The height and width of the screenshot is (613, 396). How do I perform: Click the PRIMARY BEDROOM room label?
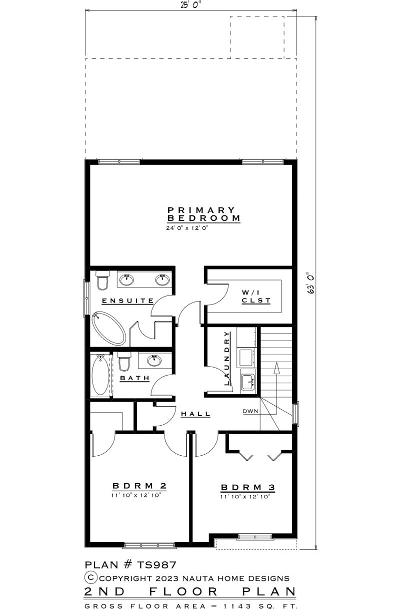point(203,214)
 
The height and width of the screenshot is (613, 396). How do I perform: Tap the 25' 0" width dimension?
point(191,6)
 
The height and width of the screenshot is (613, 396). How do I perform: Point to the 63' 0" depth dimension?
point(311,283)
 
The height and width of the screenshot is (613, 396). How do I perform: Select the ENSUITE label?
point(128,301)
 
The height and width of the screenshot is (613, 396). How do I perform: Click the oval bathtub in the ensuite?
point(109,328)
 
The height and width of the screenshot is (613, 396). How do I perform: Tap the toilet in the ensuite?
point(102,280)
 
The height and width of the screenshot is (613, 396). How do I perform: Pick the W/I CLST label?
point(256,296)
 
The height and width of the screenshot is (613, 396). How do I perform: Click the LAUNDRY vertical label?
point(226,358)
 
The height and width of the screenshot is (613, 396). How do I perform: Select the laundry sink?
point(248,380)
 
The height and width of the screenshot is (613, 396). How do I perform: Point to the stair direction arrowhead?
point(277,368)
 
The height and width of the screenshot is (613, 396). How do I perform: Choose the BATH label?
point(134,378)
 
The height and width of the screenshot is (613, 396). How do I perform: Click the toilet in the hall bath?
point(124,361)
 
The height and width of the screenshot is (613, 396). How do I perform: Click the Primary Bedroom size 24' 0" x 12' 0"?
point(187,228)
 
